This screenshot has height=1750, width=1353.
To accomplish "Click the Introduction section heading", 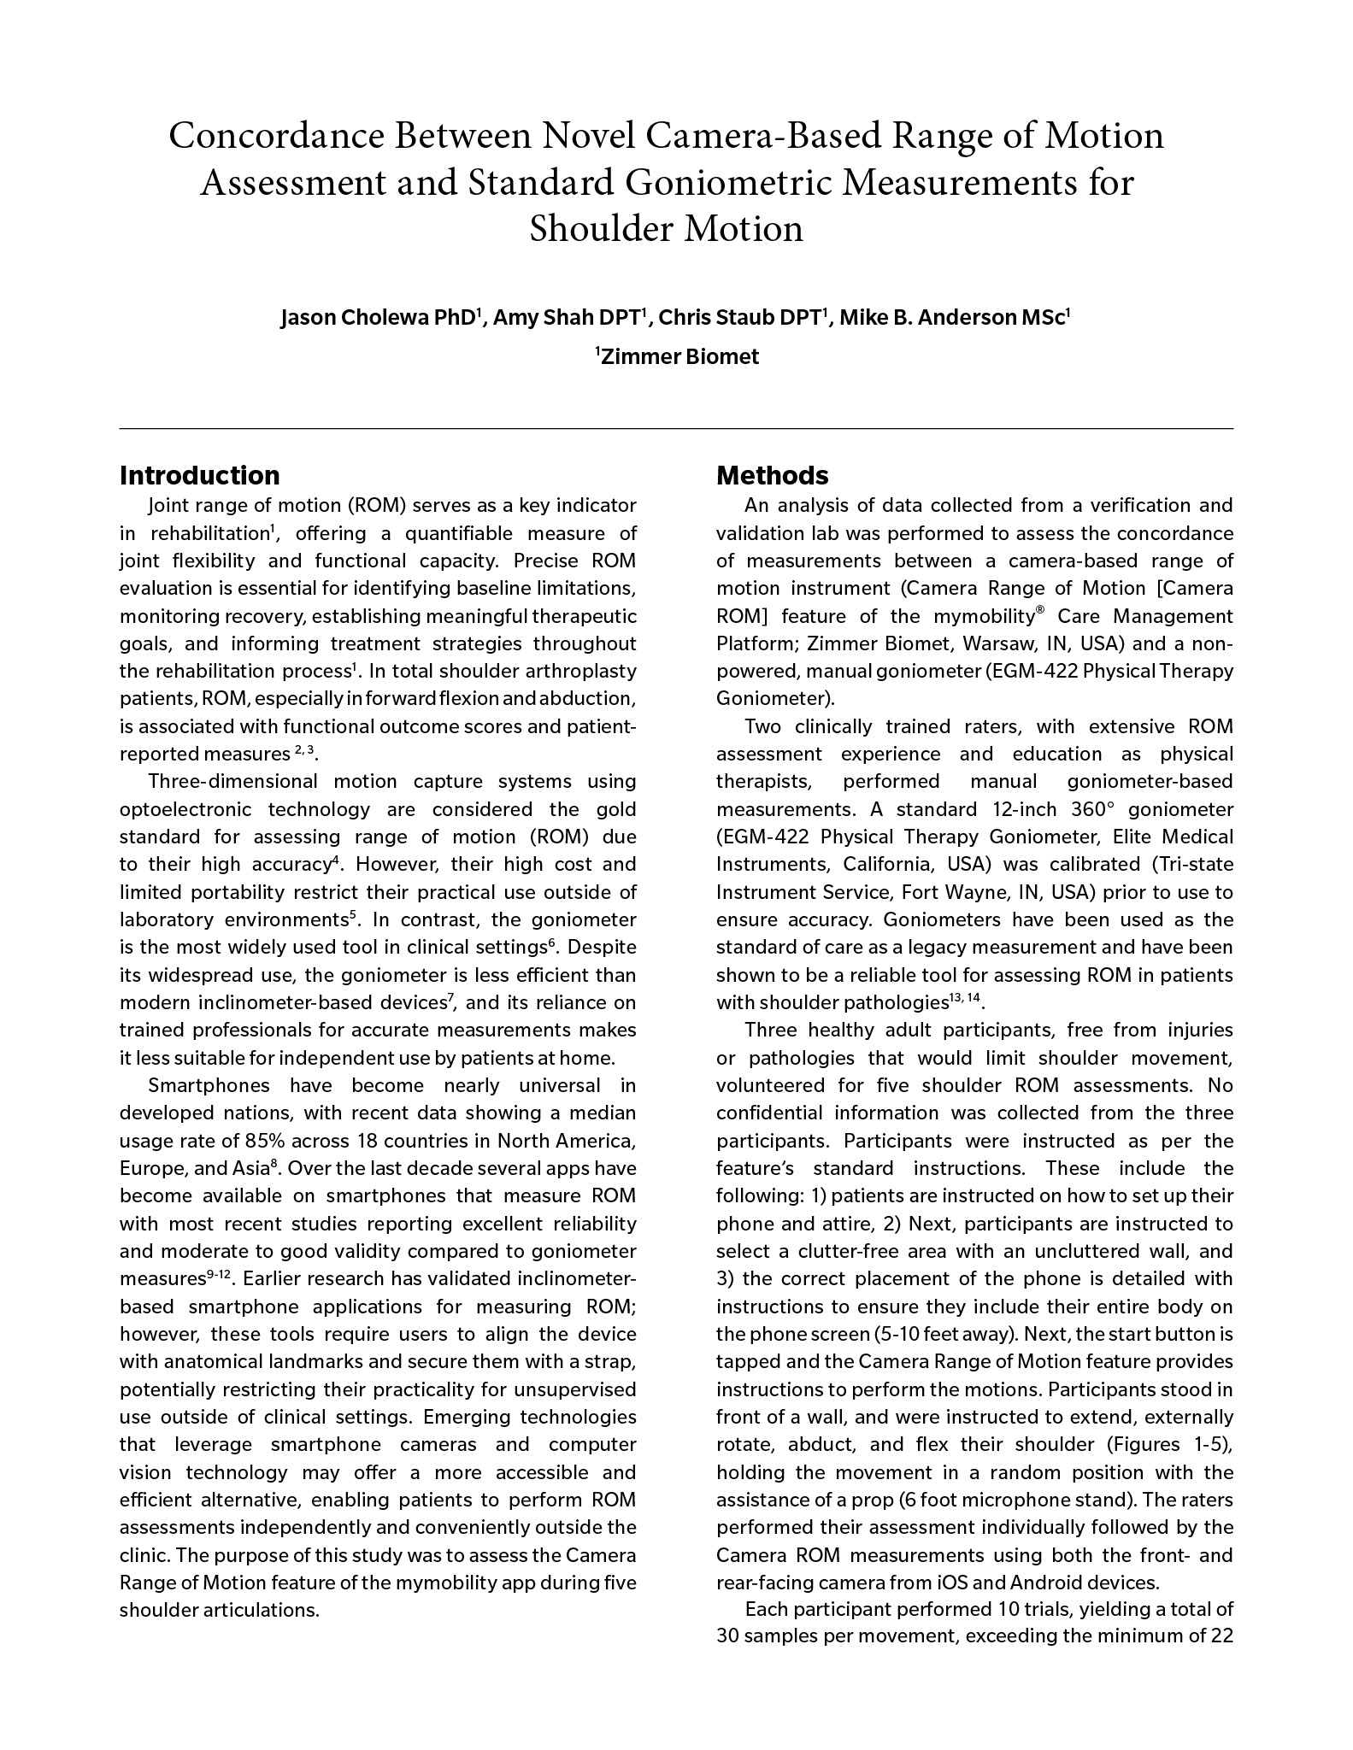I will [x=199, y=475].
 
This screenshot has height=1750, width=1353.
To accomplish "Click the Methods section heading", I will [x=772, y=475].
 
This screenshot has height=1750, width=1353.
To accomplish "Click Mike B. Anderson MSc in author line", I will [x=951, y=319].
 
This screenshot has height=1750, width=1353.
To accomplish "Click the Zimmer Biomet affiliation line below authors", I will [x=677, y=357].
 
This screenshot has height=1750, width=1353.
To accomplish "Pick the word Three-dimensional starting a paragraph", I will [x=233, y=782].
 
